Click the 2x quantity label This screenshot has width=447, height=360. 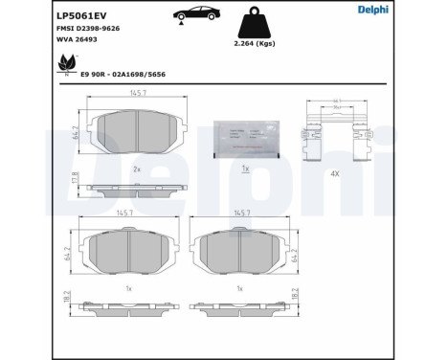click(136, 169)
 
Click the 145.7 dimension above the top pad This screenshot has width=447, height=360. click(137, 93)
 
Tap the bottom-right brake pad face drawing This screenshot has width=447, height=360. click(242, 251)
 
